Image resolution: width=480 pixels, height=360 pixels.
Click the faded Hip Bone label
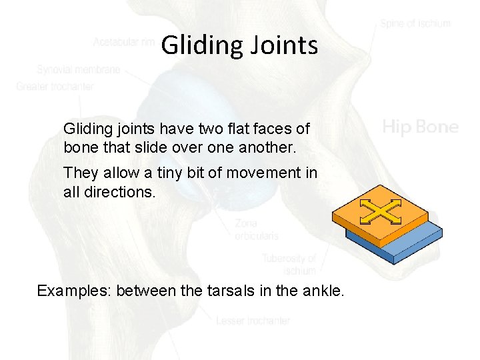420,127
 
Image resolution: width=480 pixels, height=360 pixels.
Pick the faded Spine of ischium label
415,23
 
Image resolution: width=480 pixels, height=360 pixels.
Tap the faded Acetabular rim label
125,42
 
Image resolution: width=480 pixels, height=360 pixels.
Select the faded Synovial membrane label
79,69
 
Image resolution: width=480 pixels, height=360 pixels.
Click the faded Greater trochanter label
55,86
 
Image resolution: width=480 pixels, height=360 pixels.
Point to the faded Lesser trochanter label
253,321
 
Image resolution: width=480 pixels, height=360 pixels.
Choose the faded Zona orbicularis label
256,229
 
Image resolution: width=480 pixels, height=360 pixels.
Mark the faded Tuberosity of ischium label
289,264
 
